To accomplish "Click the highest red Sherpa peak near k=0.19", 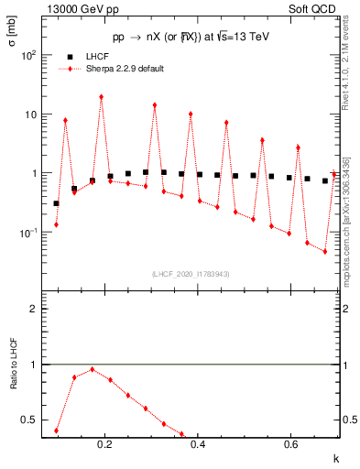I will [x=101, y=97].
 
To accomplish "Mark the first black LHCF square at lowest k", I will [x=56, y=203].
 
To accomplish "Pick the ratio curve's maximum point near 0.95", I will [x=92, y=369].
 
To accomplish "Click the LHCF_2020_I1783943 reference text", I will [x=190, y=274].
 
